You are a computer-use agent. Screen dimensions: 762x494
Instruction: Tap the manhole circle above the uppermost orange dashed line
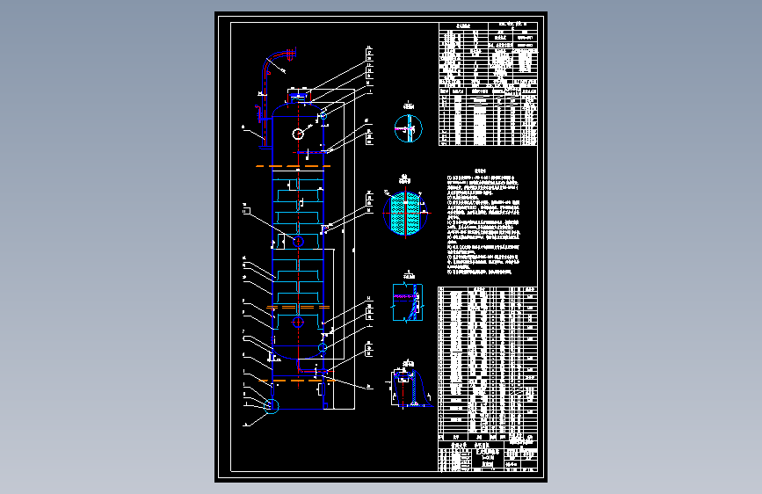(298, 134)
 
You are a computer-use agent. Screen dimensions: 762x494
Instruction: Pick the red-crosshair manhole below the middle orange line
(299, 322)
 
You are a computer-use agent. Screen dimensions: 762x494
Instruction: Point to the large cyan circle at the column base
(272, 405)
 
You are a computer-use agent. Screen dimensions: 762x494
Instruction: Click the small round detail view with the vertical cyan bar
(407, 127)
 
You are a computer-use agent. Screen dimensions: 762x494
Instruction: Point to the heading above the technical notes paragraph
(480, 171)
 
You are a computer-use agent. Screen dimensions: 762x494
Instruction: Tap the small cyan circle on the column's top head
(323, 116)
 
